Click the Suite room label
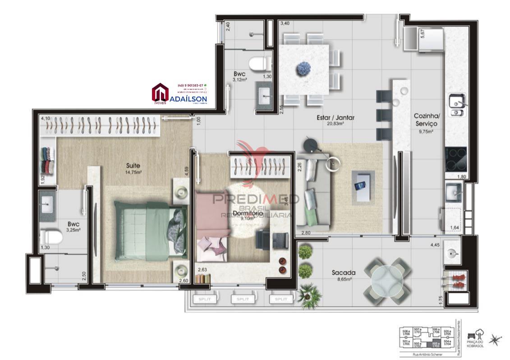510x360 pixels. [133, 165]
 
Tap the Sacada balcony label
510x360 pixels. [344, 273]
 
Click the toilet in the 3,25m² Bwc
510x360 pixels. [49, 237]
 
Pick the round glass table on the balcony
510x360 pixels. [387, 280]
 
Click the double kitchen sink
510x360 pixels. [456, 105]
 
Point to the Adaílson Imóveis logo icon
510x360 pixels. [160, 93]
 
